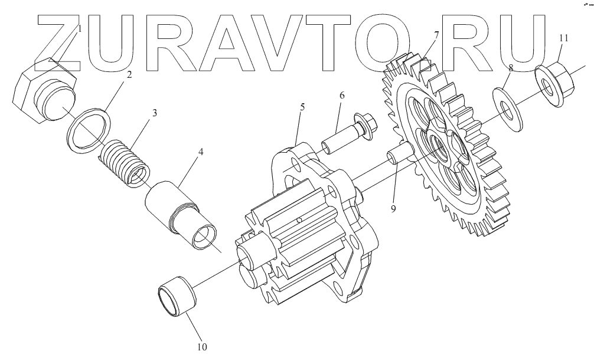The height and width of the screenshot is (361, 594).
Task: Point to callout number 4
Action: click(x=201, y=152)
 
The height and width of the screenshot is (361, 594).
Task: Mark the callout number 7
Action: click(x=436, y=35)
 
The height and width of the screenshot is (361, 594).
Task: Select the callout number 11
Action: click(x=563, y=38)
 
